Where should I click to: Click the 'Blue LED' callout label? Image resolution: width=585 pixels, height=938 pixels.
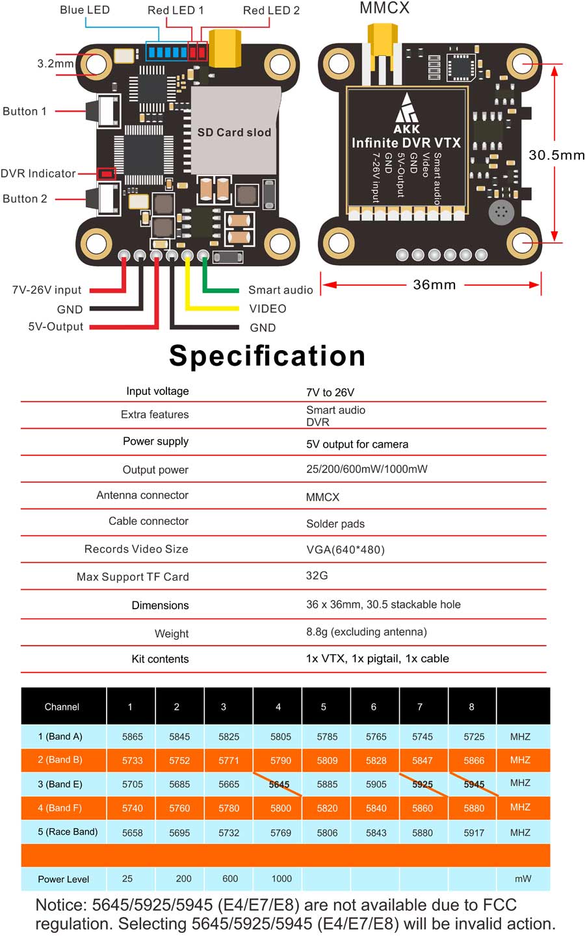[x=84, y=10]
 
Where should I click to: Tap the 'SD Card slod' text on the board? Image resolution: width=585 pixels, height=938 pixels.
[x=234, y=133]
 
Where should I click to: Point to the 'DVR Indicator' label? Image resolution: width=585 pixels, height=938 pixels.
[x=38, y=173]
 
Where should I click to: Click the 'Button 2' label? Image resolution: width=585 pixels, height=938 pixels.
[x=25, y=199]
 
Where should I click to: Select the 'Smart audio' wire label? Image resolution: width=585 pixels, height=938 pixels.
[x=280, y=290]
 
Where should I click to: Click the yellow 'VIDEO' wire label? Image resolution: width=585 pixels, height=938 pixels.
[x=268, y=309]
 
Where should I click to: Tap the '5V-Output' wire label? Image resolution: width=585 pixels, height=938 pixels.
[x=56, y=327]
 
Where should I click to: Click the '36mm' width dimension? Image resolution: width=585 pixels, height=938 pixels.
[x=434, y=285]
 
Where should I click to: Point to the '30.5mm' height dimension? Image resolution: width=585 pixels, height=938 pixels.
[x=556, y=155]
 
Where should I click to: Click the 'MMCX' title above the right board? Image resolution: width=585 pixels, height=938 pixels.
[x=385, y=8]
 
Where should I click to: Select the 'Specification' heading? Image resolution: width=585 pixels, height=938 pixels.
[x=267, y=355]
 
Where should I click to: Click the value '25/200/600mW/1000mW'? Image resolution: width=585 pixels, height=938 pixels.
[x=367, y=469]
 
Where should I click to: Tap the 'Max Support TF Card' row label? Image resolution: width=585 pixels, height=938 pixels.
[x=133, y=577]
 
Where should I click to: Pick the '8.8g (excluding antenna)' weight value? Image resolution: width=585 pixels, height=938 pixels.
[x=367, y=631]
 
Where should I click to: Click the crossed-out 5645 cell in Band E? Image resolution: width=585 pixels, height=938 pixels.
[x=279, y=784]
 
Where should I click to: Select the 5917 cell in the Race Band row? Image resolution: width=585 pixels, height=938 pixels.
[x=474, y=832]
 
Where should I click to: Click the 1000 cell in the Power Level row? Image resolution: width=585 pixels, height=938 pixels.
[x=281, y=879]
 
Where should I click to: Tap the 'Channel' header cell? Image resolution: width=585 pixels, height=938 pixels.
[x=62, y=707]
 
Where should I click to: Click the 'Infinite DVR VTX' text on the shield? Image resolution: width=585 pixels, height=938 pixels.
[x=406, y=143]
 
